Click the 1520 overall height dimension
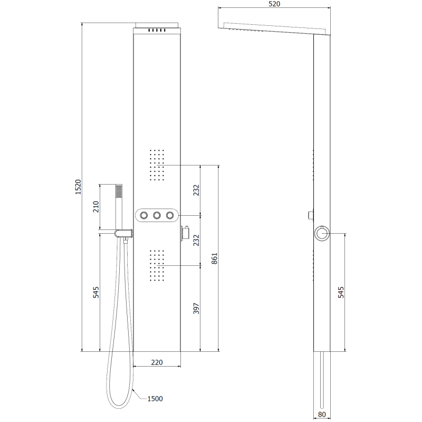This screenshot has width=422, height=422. (x=78, y=187)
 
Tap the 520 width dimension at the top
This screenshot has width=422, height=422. (x=274, y=4)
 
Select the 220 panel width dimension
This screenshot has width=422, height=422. (x=157, y=362)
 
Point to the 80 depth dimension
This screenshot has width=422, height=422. (x=322, y=415)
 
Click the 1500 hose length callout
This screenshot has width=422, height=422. (x=155, y=399)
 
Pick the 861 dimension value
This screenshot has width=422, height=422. (x=214, y=258)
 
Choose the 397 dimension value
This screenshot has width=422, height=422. (x=196, y=309)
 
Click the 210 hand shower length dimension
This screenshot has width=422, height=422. (x=96, y=207)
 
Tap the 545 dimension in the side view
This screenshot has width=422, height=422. (x=341, y=292)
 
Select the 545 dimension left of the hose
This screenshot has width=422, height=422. (x=96, y=292)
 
